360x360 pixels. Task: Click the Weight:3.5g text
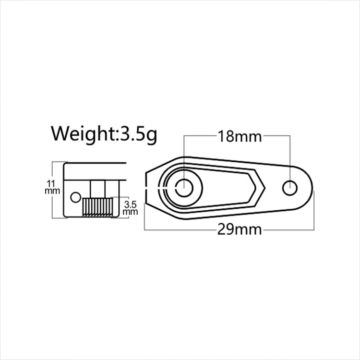pos(104,134)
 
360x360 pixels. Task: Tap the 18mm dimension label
pos(240,136)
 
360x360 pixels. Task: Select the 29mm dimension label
pos(240,229)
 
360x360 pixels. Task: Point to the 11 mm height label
pos(52,187)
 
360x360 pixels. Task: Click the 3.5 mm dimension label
pos(130,208)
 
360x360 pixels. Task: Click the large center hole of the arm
pos(184,188)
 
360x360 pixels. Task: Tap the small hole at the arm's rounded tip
pos(290,188)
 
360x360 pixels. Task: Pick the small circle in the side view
pos(75,197)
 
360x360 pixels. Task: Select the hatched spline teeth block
pos(97,207)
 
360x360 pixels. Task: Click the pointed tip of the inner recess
pos(265,188)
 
